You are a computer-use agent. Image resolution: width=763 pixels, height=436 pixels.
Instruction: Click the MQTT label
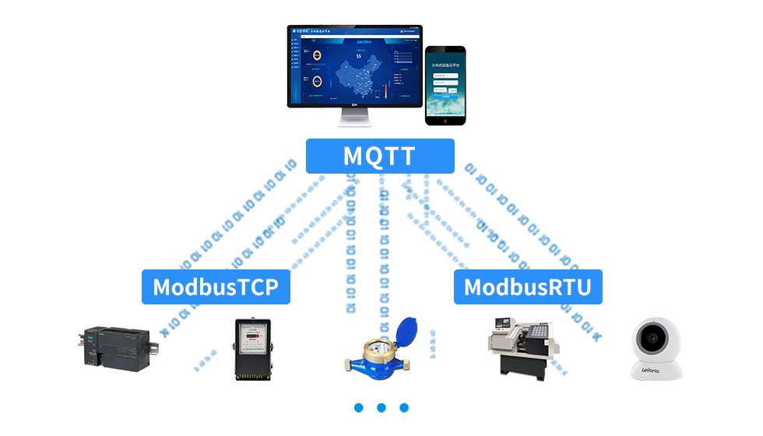pos(379,156)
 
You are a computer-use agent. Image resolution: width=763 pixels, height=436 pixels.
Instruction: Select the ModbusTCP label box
pos(216,287)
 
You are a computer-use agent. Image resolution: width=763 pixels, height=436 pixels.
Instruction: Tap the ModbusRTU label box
pos(527,287)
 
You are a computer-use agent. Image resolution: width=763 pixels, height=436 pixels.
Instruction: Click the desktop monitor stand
pos(354,118)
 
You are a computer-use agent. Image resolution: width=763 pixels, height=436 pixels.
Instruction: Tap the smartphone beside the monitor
pos(445,84)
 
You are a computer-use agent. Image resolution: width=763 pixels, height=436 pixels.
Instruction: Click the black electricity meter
pos(250,348)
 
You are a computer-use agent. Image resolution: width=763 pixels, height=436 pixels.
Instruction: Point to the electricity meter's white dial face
pos(251,335)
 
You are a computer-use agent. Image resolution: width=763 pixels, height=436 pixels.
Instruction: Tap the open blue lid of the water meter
pos(405,333)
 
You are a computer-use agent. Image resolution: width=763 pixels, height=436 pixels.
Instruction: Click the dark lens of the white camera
pos(652,339)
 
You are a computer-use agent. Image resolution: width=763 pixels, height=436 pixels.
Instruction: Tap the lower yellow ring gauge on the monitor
pos(318,81)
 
